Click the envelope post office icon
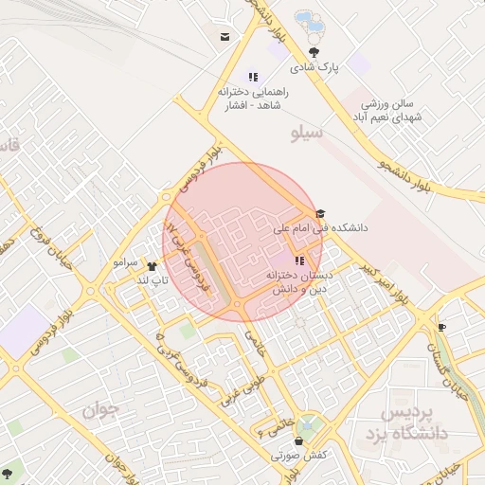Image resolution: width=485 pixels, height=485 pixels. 225,37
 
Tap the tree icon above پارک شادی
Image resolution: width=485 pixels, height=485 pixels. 314,52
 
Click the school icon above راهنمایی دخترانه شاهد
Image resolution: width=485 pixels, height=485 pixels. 253,77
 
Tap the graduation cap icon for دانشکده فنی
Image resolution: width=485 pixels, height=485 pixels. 320,214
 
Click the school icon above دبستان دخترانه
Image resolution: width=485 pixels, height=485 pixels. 299,260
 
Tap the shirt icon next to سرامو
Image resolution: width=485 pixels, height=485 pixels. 151,266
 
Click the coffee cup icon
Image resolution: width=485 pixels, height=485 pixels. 441,327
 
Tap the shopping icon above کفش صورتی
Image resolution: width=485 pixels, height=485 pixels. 300,441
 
